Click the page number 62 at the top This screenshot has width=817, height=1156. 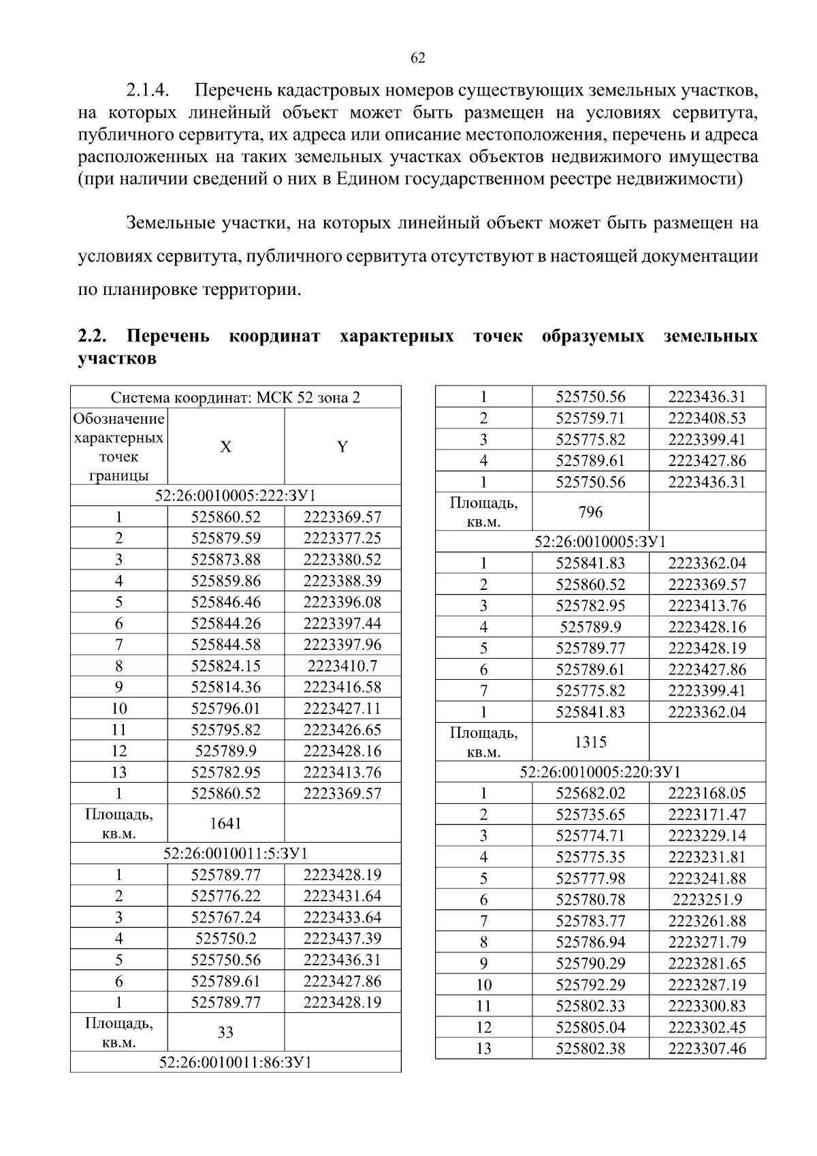coord(418,58)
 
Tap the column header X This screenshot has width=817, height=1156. coord(225,447)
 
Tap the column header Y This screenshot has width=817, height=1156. coord(342,447)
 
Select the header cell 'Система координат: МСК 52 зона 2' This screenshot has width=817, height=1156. coord(236,397)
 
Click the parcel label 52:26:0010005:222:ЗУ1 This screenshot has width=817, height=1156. coord(236,495)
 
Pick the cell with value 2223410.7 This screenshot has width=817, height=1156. coord(342,666)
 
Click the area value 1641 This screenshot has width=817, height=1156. coord(225,823)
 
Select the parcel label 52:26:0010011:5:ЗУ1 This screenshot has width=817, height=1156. coord(236,854)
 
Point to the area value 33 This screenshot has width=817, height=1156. coord(225,1032)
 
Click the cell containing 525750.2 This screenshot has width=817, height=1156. coord(225,939)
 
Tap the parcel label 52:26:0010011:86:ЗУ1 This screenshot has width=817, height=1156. coord(236,1062)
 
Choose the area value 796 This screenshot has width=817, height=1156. coord(590,512)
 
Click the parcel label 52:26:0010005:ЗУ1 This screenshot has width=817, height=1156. coord(600,542)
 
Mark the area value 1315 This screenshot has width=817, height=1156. coord(590,742)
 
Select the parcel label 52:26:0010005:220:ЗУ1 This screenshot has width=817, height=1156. coord(600,772)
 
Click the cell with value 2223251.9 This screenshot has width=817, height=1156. coord(707,899)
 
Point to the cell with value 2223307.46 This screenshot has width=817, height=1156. coord(707,1048)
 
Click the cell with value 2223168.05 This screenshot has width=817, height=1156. coord(707,793)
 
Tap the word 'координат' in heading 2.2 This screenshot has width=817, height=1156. coord(274,337)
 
